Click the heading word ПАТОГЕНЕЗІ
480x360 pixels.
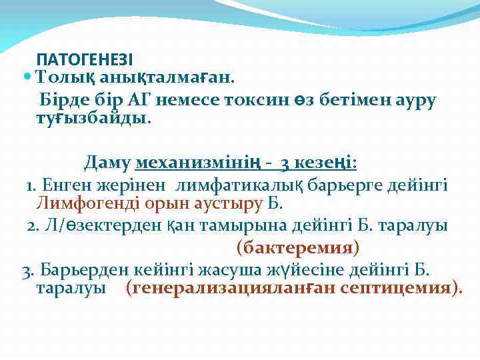pos(85,59)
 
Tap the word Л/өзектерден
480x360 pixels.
pos(103,226)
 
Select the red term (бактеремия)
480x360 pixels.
pos(298,248)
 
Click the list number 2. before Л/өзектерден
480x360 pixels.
pos(34,226)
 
